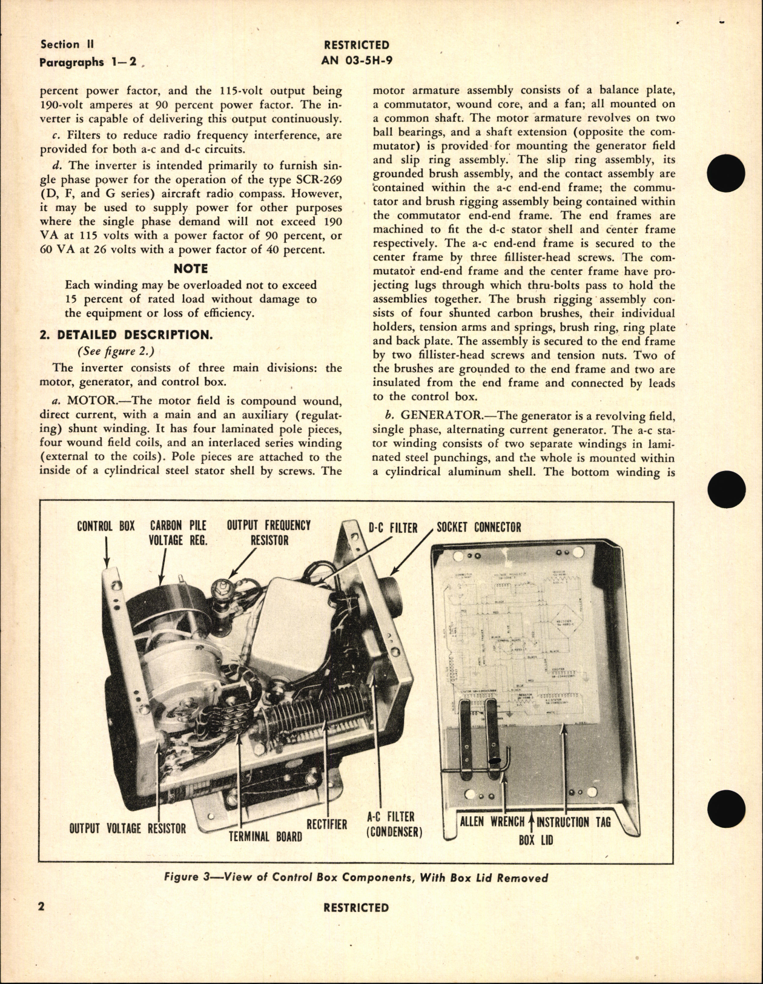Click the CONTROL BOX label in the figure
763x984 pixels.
point(106,526)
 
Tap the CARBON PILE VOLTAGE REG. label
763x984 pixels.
point(178,532)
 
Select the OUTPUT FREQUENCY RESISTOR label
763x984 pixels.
point(269,532)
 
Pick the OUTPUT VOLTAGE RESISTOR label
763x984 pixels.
point(127,828)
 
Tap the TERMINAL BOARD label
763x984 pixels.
point(265,837)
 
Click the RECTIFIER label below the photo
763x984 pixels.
point(326,824)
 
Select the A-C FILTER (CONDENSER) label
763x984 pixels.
point(394,825)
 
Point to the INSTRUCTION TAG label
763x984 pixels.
point(573,822)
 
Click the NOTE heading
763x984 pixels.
point(190,268)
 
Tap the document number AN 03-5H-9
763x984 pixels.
point(357,59)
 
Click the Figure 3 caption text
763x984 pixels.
point(355,877)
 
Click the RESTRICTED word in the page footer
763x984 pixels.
point(356,907)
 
